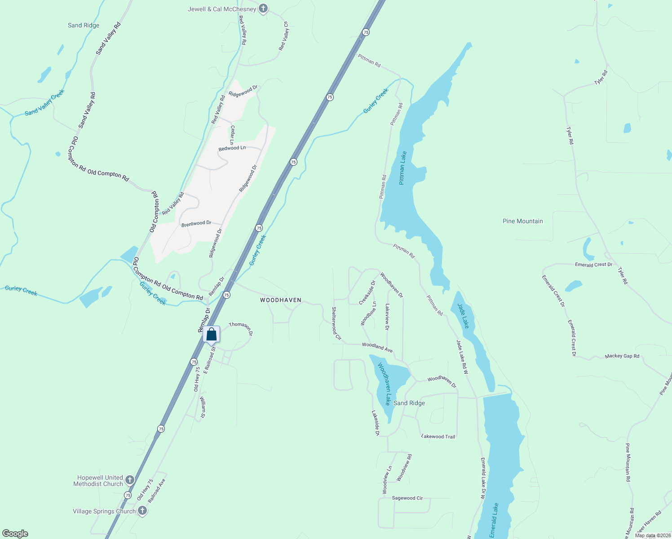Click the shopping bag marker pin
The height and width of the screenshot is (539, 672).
211,335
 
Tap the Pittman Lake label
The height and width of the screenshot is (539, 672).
402,168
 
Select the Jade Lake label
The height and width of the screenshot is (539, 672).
463,316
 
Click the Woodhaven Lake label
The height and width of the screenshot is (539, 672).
384,384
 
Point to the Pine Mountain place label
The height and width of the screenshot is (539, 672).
522,221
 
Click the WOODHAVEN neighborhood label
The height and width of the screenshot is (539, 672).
281,300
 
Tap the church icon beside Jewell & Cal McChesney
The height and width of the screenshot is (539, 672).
263,9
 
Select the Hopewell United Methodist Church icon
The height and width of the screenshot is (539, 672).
130,480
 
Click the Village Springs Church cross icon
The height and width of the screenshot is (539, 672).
142,511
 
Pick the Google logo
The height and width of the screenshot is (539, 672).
15,533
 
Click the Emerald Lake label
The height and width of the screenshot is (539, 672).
494,520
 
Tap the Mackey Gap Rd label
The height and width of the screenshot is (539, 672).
622,356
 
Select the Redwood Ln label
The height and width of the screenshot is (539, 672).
232,148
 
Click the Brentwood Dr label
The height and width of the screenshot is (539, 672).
196,224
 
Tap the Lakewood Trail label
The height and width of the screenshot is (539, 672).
438,437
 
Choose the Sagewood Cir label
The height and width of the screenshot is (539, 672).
407,498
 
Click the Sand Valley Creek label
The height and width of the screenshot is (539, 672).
45,102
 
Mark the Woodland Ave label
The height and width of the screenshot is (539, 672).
377,347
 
